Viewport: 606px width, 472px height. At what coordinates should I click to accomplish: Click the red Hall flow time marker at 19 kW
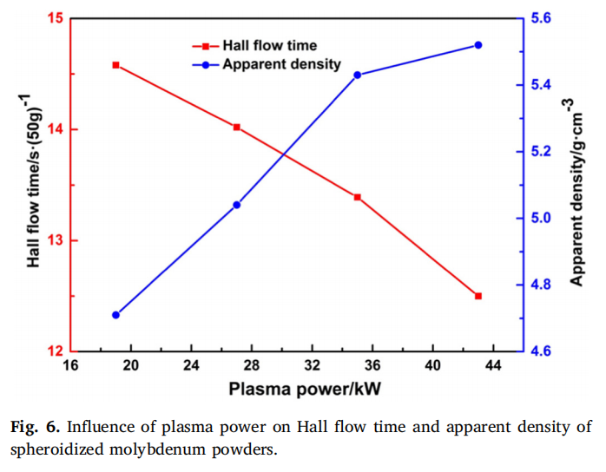(116, 65)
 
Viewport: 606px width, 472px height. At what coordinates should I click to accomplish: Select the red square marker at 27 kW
(236, 128)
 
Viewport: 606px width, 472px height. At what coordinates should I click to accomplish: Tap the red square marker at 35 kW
(357, 198)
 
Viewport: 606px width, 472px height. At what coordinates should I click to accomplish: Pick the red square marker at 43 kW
(478, 297)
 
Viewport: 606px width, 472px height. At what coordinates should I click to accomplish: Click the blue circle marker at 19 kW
(116, 315)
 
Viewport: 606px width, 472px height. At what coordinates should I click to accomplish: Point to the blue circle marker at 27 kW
(236, 205)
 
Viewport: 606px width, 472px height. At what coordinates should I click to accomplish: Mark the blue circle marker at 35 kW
(357, 75)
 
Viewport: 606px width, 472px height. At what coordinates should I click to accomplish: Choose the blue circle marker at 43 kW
(478, 45)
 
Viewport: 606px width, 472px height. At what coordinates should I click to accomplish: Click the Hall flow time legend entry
(269, 45)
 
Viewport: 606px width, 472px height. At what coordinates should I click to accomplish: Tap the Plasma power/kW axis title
(295, 389)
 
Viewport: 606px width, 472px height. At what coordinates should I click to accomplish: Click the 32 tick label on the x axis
(312, 366)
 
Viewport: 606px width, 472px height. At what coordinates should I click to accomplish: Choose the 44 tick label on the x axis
(492, 366)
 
